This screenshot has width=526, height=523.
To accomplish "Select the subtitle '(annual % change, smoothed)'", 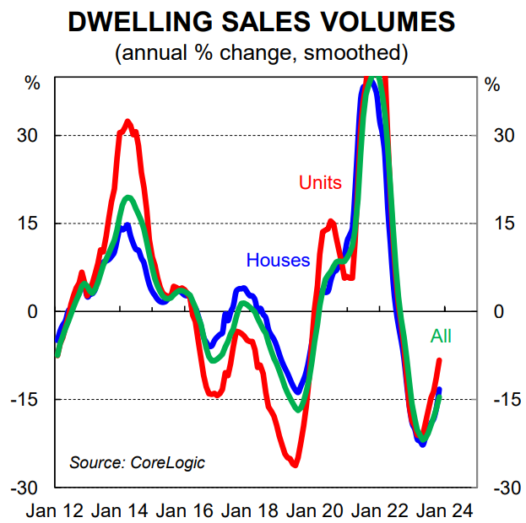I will (x=262, y=53).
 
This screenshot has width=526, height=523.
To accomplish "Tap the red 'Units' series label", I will (x=320, y=182).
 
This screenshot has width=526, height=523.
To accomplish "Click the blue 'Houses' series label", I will (x=279, y=260).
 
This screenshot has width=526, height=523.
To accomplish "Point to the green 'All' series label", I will (x=441, y=336).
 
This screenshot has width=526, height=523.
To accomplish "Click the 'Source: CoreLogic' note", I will (x=137, y=462).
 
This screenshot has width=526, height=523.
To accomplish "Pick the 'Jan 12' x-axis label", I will (x=55, y=510).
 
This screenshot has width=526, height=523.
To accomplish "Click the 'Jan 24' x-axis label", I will (x=446, y=510).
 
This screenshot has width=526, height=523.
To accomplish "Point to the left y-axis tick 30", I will (x=30, y=136).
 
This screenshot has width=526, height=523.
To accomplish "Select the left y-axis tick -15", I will (x=28, y=400).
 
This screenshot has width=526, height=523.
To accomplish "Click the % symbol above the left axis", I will (x=32, y=84).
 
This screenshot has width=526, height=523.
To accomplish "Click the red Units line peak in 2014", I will (x=127, y=122).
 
